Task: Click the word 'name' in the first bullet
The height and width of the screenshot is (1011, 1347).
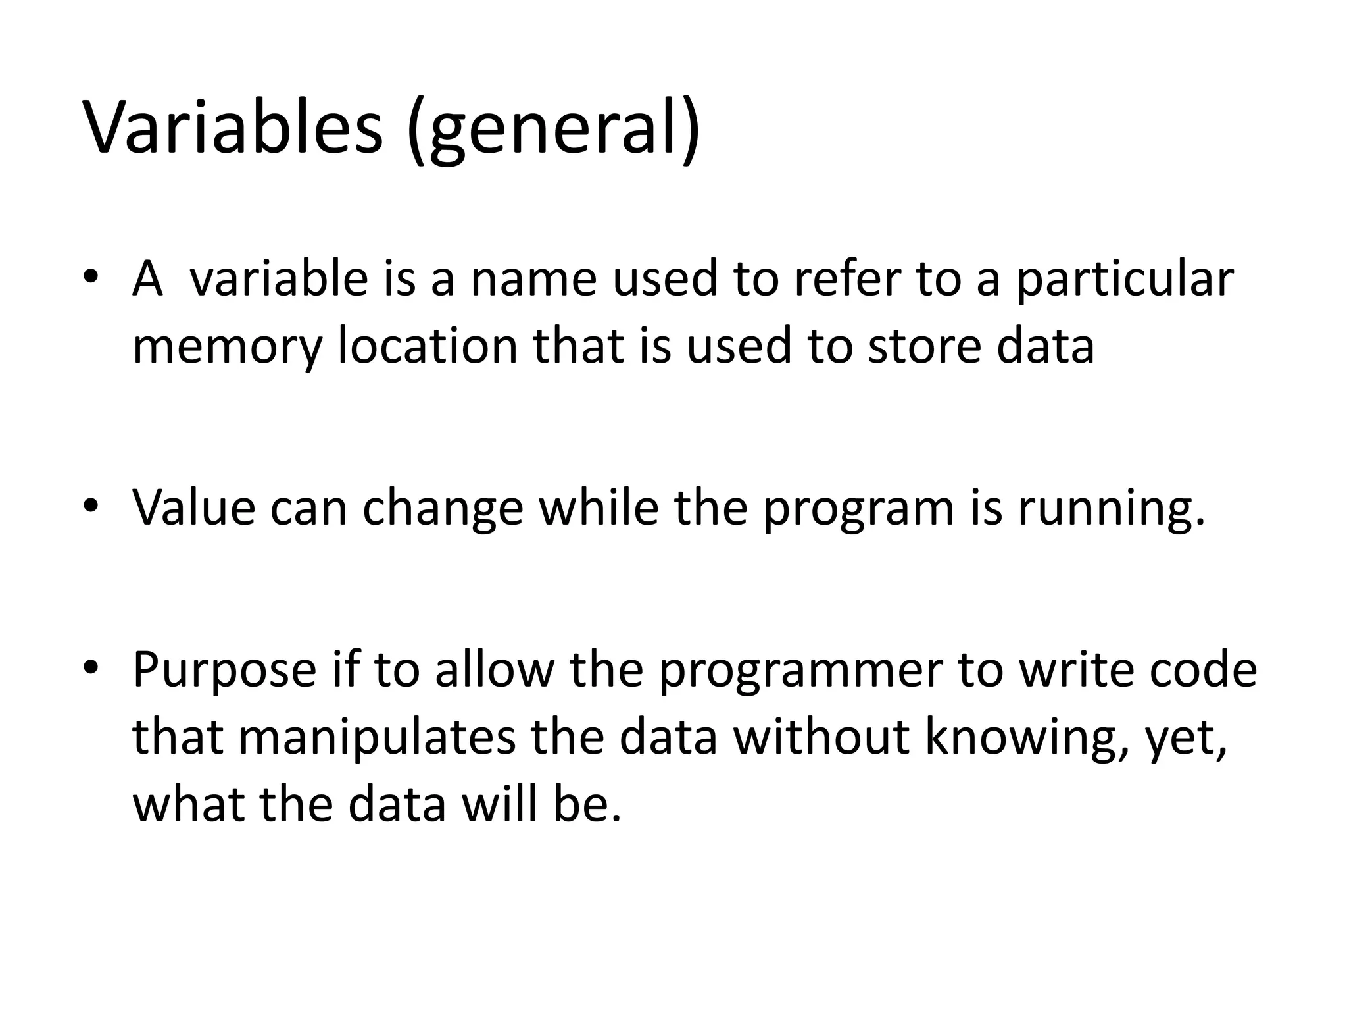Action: [533, 279]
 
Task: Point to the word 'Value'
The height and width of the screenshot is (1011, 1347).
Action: [194, 508]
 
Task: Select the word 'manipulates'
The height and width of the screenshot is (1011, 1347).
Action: [377, 739]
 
